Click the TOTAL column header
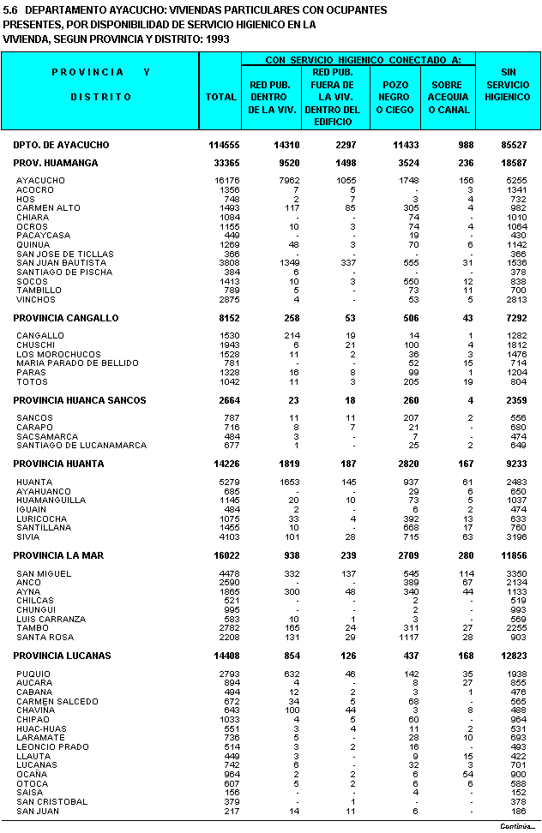(x=220, y=97)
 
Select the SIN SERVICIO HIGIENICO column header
(x=508, y=85)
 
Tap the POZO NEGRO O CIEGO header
(x=395, y=97)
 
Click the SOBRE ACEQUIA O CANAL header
(x=449, y=97)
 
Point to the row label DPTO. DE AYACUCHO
(x=61, y=146)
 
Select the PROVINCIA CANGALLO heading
(x=66, y=318)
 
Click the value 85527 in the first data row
(x=511, y=146)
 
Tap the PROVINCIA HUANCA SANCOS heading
(x=80, y=400)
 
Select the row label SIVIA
(x=28, y=536)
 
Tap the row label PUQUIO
(x=33, y=674)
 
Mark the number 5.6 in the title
(x=10, y=10)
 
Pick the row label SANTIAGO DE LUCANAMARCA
(x=69, y=446)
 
